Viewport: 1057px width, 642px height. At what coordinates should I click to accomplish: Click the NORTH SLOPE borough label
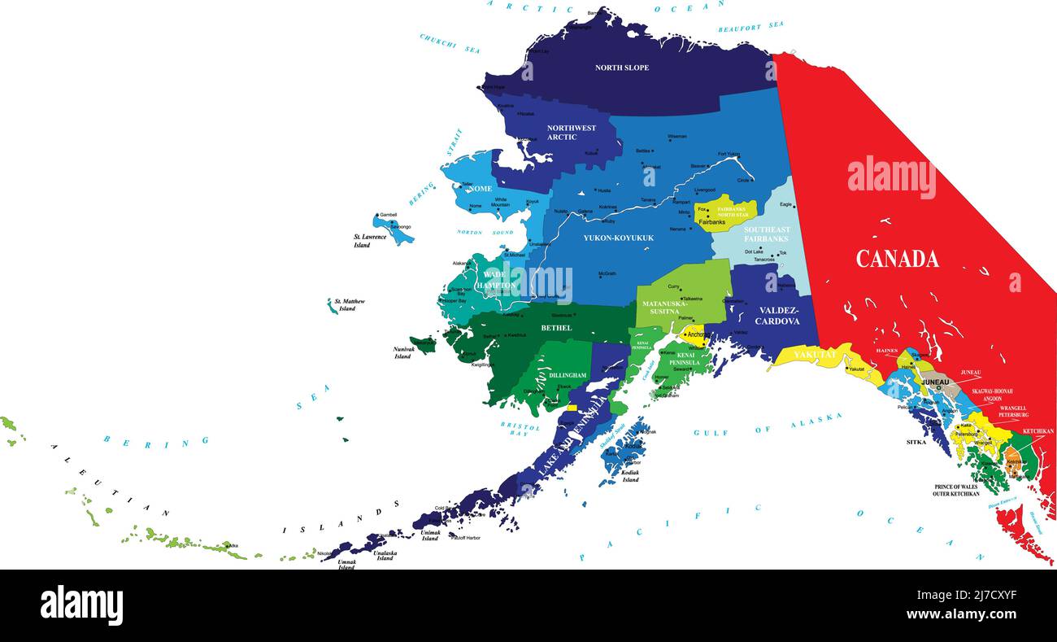coord(622,68)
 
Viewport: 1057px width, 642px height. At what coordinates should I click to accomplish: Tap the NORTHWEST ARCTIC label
coord(572,133)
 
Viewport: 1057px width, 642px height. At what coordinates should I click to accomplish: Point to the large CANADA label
coord(897,259)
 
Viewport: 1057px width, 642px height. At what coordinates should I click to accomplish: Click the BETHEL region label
coord(556,328)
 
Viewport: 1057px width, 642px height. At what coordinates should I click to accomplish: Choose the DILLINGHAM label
coord(568,375)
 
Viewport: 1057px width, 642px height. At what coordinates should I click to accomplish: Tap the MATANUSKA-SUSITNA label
coord(665,308)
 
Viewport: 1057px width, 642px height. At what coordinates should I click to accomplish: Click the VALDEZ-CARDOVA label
coord(776,316)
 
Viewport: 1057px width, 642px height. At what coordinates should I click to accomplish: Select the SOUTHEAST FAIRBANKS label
coord(767,234)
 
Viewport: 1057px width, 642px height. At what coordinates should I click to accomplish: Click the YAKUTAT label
coord(814,355)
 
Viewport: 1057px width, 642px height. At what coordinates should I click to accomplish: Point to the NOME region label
coord(481,189)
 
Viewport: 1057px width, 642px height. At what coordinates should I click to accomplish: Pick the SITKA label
coord(916,443)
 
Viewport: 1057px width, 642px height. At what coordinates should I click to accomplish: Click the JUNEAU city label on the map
coord(936,382)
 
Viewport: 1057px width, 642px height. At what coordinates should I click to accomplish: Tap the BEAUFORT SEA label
coord(750,27)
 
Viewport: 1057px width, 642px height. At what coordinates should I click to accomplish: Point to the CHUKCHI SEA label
coord(450,43)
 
